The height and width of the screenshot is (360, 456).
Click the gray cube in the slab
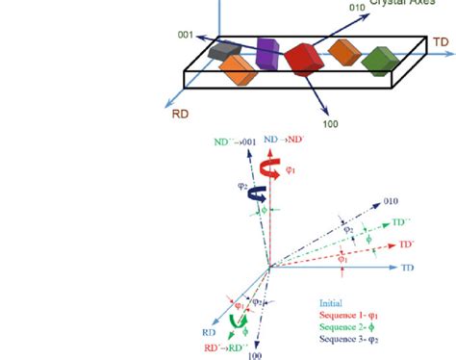pos(225,51)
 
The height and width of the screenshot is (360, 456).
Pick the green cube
pos(378,60)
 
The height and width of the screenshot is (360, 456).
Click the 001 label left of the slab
pos(185,36)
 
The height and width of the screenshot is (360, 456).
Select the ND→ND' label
pos(286,139)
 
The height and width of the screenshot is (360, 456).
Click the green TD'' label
pos(403,222)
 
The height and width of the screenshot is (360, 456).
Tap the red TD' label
pos(407,244)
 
